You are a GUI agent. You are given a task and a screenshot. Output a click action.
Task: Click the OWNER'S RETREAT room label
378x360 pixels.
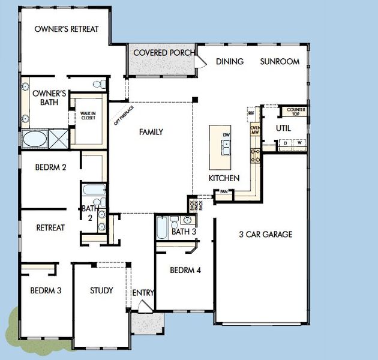(66, 29)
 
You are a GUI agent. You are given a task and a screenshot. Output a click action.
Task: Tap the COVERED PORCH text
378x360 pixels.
(163, 53)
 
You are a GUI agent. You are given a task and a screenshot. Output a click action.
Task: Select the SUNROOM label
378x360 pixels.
(280, 61)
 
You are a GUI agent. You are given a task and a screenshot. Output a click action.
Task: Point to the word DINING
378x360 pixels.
(230, 61)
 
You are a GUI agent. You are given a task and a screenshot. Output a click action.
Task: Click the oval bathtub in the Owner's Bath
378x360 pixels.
(34, 139)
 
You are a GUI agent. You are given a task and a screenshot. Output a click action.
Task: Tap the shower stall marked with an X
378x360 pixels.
(58, 139)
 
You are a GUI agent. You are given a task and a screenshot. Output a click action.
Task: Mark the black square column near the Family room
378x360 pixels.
(195, 99)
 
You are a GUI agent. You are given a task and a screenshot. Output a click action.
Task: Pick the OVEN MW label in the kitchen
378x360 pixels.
(254, 130)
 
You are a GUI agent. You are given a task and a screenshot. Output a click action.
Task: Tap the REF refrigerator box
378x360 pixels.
(251, 112)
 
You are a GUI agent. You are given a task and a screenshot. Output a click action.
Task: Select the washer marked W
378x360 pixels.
(298, 142)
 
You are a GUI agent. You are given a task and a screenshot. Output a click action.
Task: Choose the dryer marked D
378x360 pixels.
(285, 142)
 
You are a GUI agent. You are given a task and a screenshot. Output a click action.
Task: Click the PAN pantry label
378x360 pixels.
(223, 192)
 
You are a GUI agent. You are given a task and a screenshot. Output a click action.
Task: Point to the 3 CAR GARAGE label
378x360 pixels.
(265, 234)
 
